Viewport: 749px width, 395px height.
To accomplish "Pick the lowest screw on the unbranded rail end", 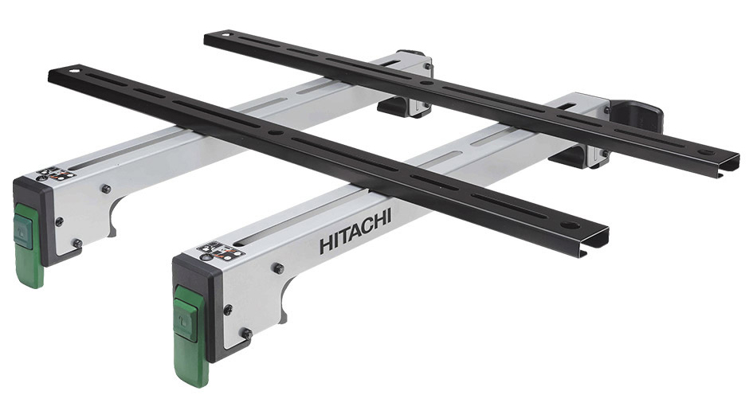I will (x=76, y=243).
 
